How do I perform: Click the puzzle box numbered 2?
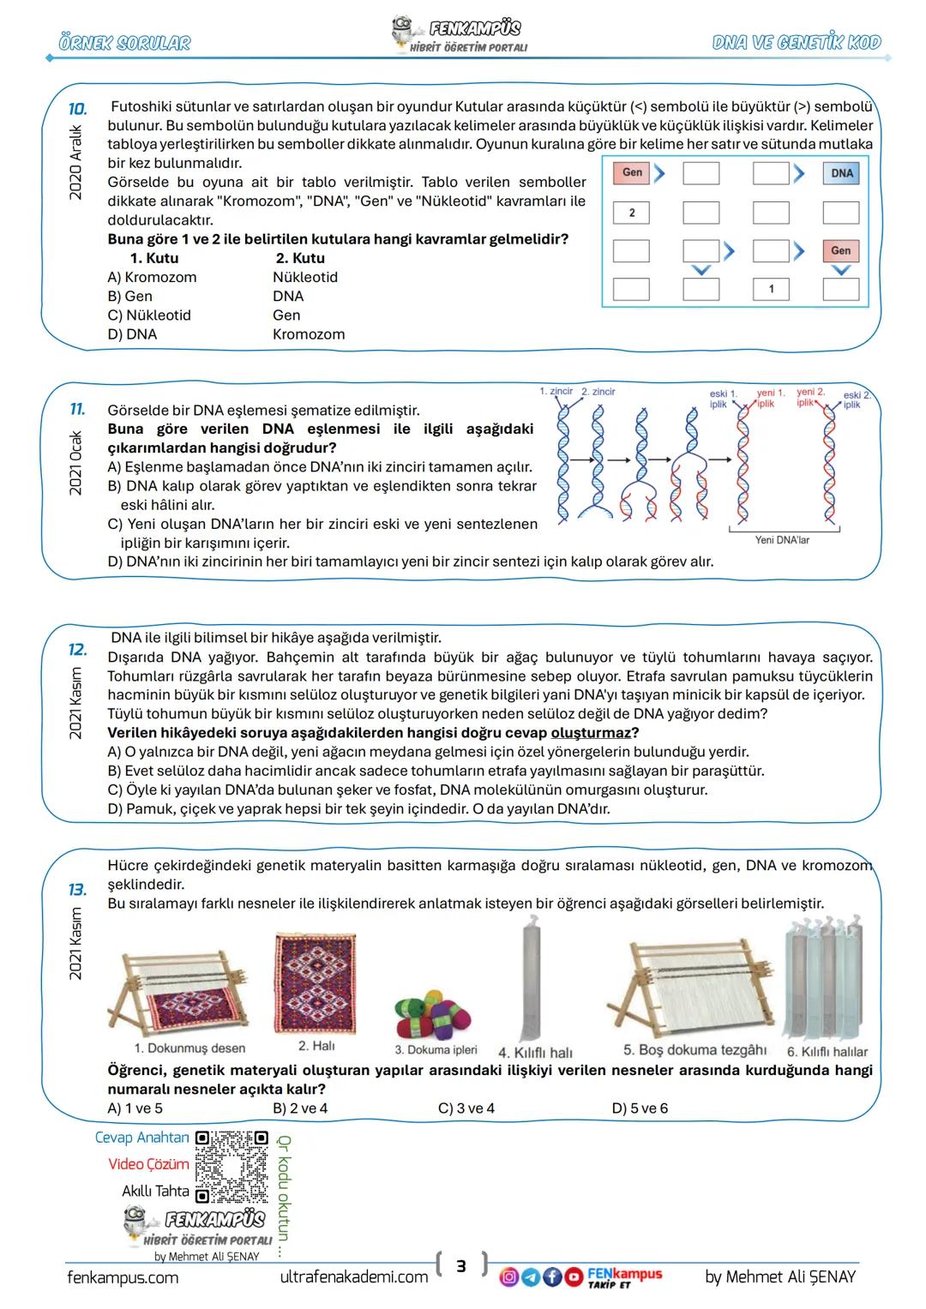click(631, 213)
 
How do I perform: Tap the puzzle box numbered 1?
click(771, 289)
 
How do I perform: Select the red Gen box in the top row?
click(632, 173)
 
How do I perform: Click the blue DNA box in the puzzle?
click(841, 173)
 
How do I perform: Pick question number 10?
click(77, 109)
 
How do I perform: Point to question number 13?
click(77, 890)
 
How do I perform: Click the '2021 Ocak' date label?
click(75, 462)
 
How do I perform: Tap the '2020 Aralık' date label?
click(75, 162)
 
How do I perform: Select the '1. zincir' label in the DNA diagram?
click(556, 392)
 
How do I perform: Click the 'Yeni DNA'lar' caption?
click(781, 540)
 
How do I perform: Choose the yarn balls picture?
click(434, 1014)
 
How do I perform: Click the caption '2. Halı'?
click(316, 1046)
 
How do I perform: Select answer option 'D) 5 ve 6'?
click(639, 1108)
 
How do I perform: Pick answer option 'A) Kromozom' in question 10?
click(152, 278)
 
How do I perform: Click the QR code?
click(231, 1167)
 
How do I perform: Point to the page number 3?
click(460, 1266)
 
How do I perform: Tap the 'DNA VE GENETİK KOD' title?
click(796, 43)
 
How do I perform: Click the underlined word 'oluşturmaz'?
click(590, 733)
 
